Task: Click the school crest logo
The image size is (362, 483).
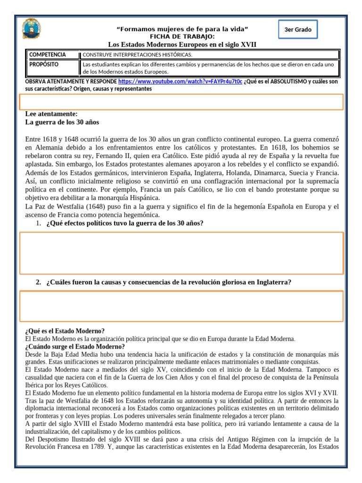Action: click(x=31, y=30)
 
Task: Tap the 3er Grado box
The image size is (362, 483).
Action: click(x=298, y=30)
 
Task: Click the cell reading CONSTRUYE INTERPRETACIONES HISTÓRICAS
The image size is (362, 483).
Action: click(x=138, y=55)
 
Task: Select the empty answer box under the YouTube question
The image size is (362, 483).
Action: click(x=181, y=102)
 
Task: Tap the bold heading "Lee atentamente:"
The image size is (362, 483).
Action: click(x=51, y=114)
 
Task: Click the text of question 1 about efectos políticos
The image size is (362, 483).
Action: click(x=125, y=223)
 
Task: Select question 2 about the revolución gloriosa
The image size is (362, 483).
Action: click(x=168, y=282)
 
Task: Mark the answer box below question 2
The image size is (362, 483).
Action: click(x=181, y=306)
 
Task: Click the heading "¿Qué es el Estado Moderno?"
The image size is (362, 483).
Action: click(x=65, y=331)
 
